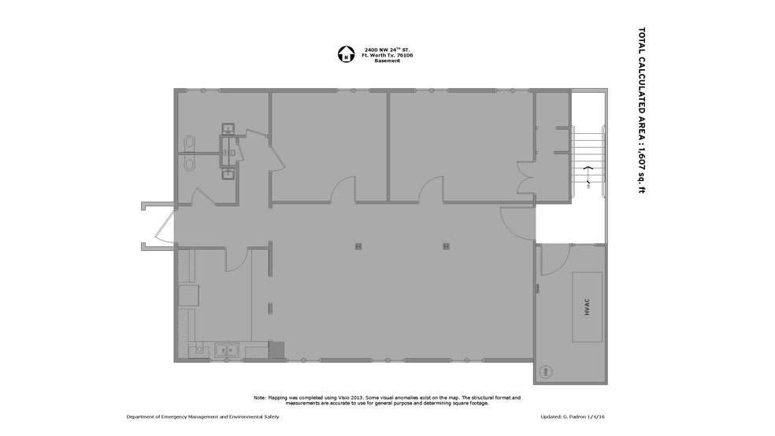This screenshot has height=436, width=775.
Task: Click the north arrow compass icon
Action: (x=345, y=54)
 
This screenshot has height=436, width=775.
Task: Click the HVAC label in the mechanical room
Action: (x=587, y=308)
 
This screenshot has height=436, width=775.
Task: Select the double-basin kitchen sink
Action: (x=228, y=349)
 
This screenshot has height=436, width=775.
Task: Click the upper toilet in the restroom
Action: (x=189, y=142)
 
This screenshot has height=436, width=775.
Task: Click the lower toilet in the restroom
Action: (x=189, y=162)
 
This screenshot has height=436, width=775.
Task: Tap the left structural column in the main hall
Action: (x=358, y=246)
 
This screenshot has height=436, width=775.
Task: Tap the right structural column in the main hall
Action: (x=445, y=246)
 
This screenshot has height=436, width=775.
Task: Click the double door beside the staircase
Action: (x=525, y=175)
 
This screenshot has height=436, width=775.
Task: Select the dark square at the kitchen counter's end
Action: (x=276, y=349)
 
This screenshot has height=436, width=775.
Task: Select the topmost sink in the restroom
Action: (x=228, y=129)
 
